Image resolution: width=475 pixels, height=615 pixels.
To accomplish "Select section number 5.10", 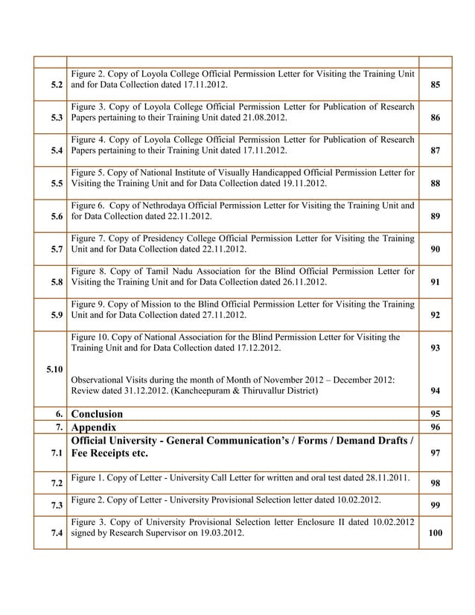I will (54, 369).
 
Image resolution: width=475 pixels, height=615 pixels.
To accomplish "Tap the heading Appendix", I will (93, 428).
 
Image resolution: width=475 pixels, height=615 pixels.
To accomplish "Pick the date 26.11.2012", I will (298, 283).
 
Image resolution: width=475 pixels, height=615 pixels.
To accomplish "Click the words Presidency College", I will (169, 238).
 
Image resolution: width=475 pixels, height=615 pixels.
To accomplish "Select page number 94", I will (435, 391).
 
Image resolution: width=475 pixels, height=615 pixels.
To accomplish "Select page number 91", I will (435, 283).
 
